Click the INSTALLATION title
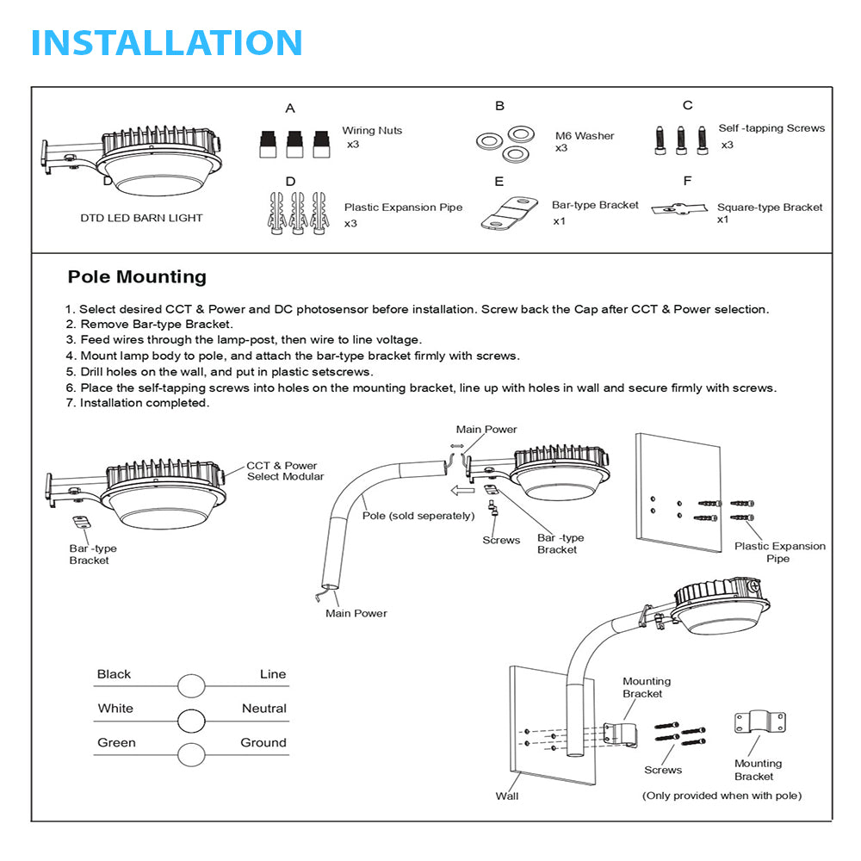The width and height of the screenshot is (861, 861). [x=166, y=42]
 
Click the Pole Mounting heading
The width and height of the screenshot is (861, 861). [x=137, y=277]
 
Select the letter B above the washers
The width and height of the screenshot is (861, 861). [x=499, y=106]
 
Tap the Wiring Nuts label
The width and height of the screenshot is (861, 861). [x=372, y=131]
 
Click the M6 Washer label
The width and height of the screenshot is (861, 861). [x=585, y=136]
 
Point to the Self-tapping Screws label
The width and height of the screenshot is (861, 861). [x=771, y=128]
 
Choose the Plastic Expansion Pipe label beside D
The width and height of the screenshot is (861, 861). [x=403, y=208]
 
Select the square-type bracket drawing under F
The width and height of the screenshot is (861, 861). [x=678, y=208]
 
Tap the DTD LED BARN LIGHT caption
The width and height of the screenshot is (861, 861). [x=141, y=218]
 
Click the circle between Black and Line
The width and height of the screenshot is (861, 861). [x=191, y=685]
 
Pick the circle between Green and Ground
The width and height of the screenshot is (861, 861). [x=191, y=754]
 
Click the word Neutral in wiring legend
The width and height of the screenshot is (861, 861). [x=263, y=709]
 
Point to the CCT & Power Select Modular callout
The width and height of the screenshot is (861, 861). [x=285, y=471]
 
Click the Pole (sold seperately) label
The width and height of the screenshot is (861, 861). [x=418, y=516]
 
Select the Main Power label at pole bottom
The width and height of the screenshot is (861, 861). [x=356, y=614]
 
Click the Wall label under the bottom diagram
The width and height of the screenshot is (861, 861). [x=507, y=796]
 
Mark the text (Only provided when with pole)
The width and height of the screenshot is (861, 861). [x=722, y=796]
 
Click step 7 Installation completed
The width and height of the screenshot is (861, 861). [x=138, y=403]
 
